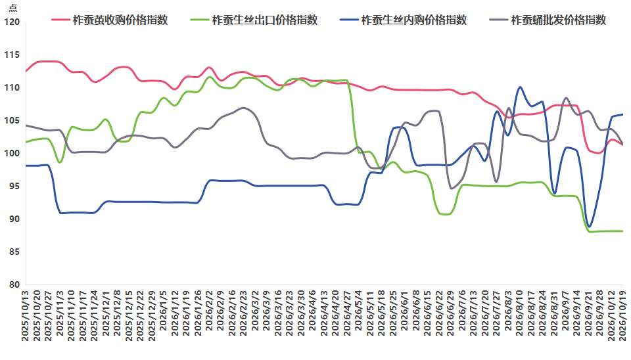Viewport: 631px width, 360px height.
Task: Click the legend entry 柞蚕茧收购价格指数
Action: [x=110, y=20]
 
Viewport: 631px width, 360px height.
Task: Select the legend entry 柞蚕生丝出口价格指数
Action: [x=254, y=20]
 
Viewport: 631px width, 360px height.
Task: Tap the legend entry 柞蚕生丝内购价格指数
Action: [x=404, y=20]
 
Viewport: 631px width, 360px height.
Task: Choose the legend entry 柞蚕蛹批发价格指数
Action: [x=548, y=20]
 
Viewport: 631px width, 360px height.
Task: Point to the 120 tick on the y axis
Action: [x=12, y=22]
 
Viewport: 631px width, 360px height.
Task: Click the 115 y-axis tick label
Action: [x=12, y=55]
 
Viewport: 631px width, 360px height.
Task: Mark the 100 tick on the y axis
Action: [x=12, y=153]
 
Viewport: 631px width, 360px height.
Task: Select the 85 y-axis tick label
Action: [x=14, y=252]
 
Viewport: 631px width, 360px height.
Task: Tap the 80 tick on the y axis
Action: [x=14, y=285]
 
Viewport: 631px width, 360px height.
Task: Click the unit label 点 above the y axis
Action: [x=13, y=9]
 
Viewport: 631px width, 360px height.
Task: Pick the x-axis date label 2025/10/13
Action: [x=26, y=316]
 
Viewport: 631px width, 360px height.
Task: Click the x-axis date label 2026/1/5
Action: [x=164, y=311]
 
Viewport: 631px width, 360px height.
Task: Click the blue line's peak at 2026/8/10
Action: [x=520, y=87]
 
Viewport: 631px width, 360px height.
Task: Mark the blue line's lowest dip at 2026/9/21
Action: [x=589, y=227]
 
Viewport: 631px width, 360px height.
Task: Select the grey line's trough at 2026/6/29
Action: [x=451, y=189]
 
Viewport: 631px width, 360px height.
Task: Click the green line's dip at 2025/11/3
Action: [x=60, y=162]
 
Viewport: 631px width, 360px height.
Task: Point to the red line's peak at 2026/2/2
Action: [x=209, y=68]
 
